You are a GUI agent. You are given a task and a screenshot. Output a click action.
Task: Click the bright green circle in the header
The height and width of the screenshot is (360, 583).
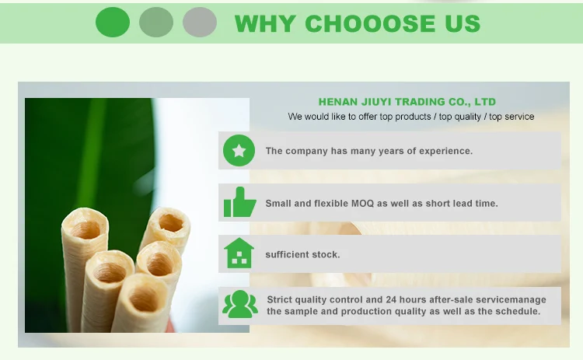[113, 23]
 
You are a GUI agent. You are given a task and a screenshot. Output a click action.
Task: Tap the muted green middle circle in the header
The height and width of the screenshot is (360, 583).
[156, 23]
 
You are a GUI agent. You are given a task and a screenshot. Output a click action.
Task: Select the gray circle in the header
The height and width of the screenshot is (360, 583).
[200, 23]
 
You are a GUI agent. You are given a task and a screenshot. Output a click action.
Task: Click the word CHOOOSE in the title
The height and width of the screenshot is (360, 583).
[369, 24]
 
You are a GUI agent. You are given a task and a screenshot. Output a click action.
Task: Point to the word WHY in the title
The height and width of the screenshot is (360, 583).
[266, 24]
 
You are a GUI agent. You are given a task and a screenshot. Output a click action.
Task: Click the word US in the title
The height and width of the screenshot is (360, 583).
[463, 24]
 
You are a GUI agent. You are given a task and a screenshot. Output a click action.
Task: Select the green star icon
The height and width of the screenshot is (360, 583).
[239, 151]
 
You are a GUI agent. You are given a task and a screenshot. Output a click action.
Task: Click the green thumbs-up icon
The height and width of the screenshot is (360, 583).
[240, 202]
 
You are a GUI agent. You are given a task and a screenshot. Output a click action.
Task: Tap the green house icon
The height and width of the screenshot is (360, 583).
[239, 253]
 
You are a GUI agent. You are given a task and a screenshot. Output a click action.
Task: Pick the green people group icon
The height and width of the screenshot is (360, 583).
[240, 304]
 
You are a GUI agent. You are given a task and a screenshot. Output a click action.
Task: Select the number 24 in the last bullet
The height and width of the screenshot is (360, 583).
[391, 300]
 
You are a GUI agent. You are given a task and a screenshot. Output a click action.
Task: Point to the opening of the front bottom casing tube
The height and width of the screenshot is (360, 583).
[145, 299]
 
